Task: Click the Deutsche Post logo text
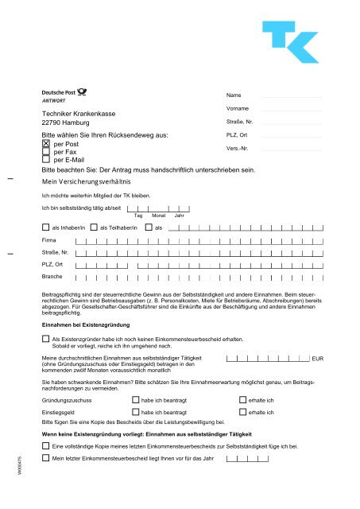[x=64, y=93]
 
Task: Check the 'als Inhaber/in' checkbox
[x=45, y=227]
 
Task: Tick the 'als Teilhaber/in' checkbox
[x=95, y=227]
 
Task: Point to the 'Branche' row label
[x=52, y=277]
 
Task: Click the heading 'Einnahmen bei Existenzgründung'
[x=83, y=327]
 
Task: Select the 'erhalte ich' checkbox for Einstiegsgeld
[x=243, y=413]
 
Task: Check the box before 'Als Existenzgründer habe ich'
[x=45, y=339]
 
